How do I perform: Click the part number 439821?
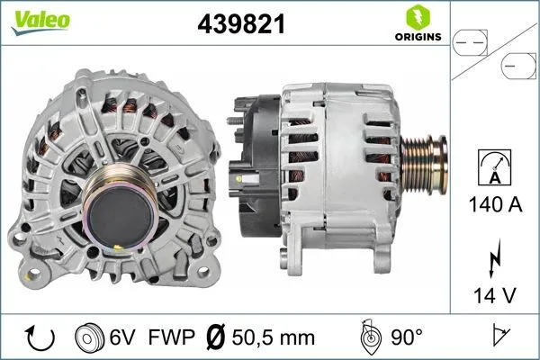pos(241,25)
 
